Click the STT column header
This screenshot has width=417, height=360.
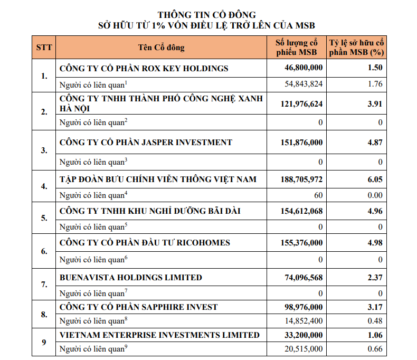coord(44,48)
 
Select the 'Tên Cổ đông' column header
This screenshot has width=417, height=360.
coord(161,48)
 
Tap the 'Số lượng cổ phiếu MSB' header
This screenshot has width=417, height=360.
coord(297,48)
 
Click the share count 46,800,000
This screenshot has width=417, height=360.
coord(304,68)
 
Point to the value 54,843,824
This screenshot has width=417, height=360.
coord(304,84)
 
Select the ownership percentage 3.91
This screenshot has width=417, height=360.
coord(375,103)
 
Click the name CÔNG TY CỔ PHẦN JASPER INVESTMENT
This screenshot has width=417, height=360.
coord(146,143)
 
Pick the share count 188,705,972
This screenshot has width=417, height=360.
coord(301,179)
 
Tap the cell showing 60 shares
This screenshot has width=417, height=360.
coord(318,195)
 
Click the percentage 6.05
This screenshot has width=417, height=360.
coord(375,179)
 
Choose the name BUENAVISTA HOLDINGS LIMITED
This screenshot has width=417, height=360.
coord(130,278)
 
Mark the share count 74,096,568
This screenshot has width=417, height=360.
coord(304,278)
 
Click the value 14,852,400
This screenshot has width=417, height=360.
coord(304,321)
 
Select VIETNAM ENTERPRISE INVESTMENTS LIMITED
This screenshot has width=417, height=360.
coord(159,335)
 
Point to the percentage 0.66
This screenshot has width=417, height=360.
coord(375,349)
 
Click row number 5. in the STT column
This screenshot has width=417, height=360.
coord(44,218)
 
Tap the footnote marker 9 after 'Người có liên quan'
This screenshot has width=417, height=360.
coord(126,346)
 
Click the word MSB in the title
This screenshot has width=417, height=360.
coord(305,25)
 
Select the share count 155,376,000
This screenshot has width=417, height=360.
coord(301,243)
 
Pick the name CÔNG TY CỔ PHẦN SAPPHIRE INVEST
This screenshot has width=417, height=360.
coord(138,307)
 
